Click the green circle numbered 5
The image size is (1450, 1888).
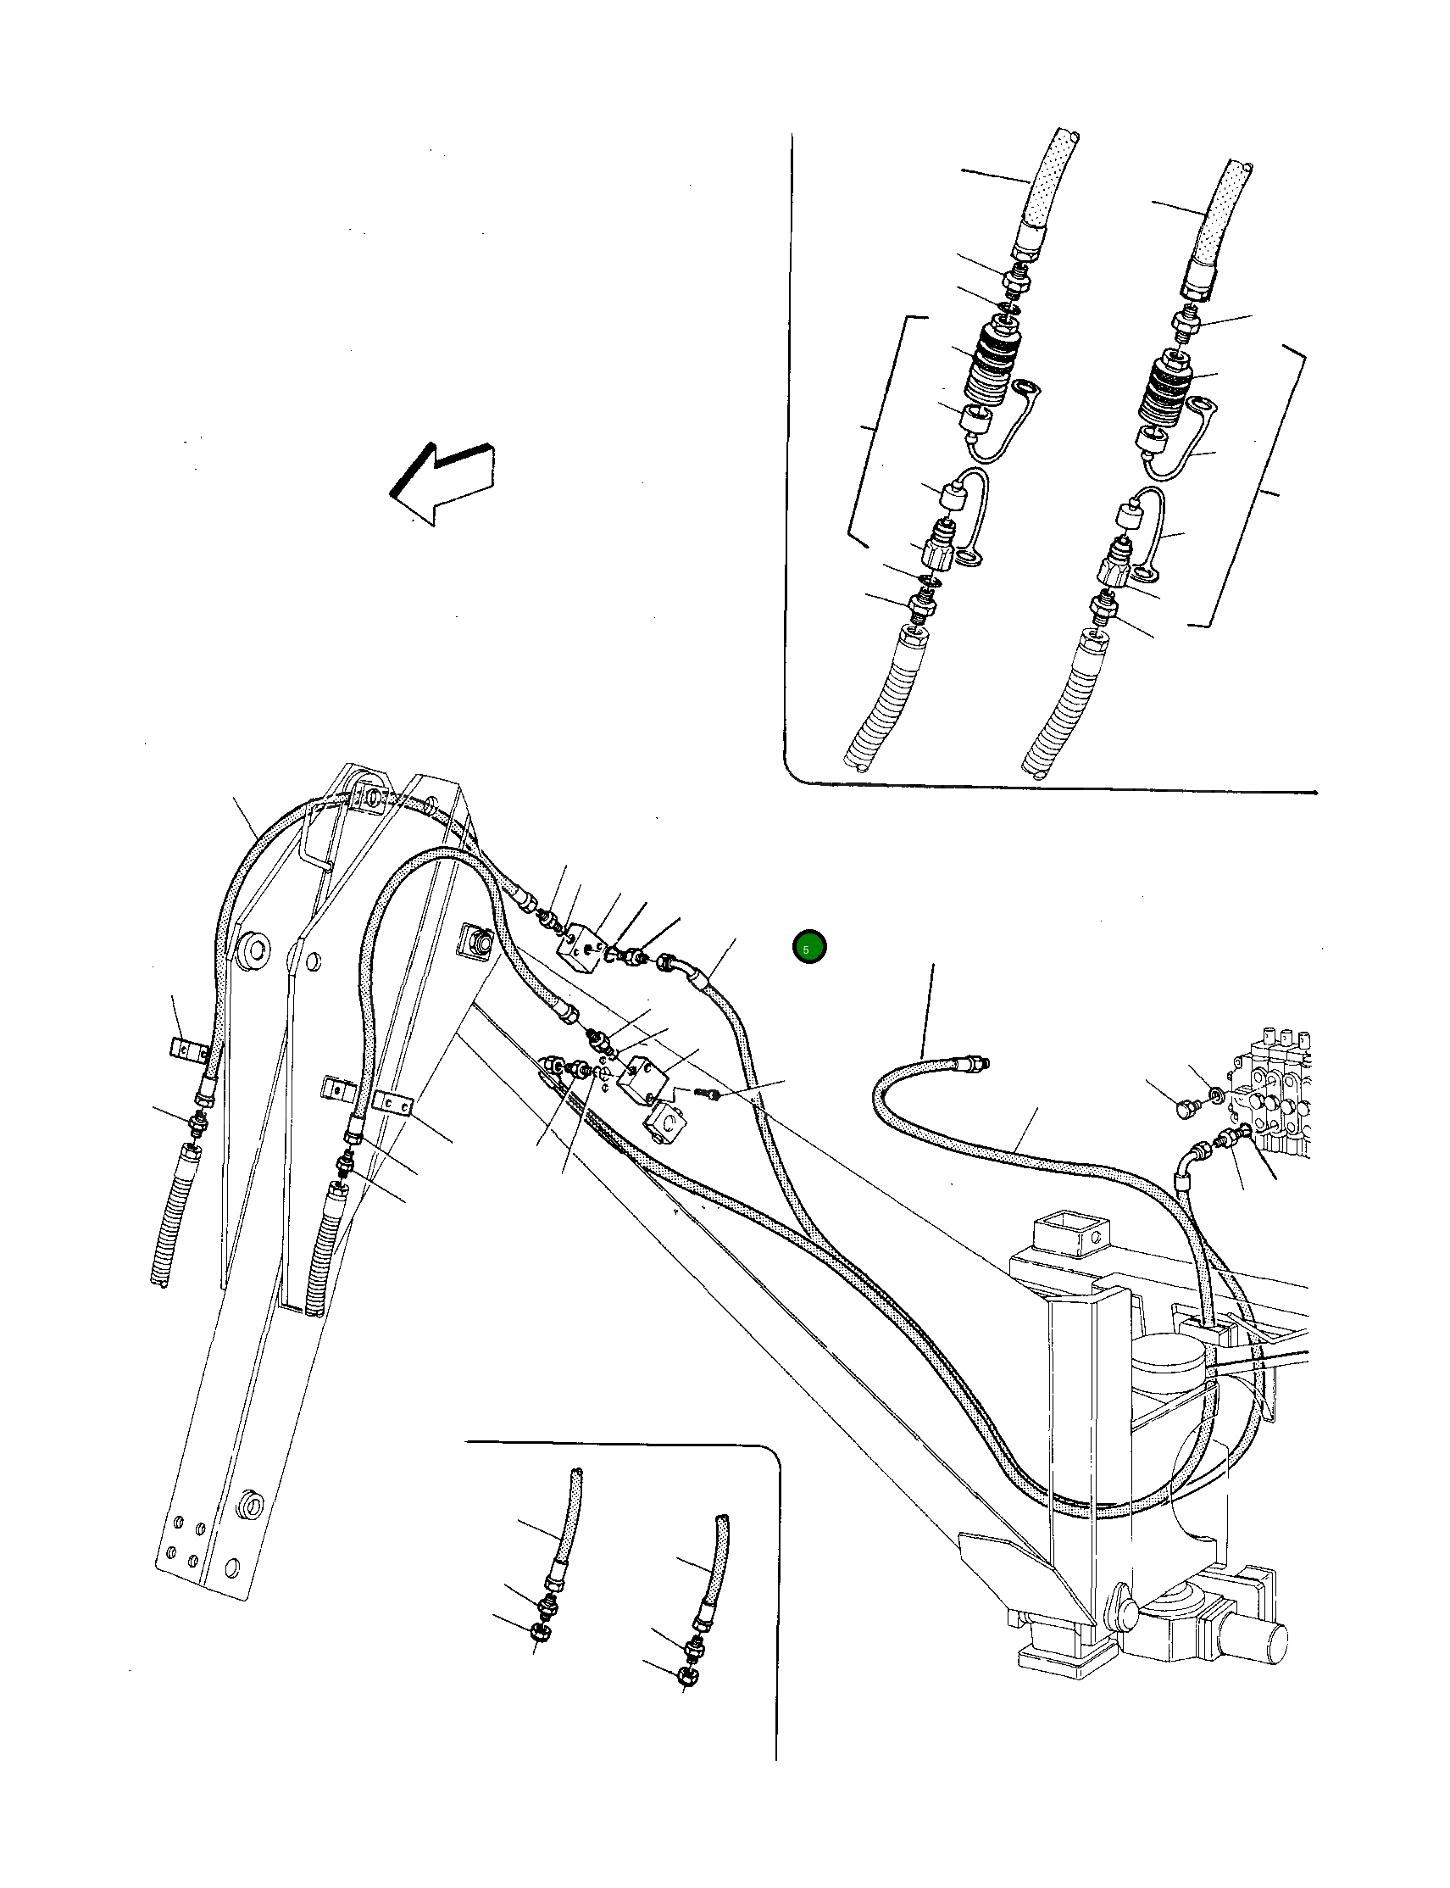tap(808, 948)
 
